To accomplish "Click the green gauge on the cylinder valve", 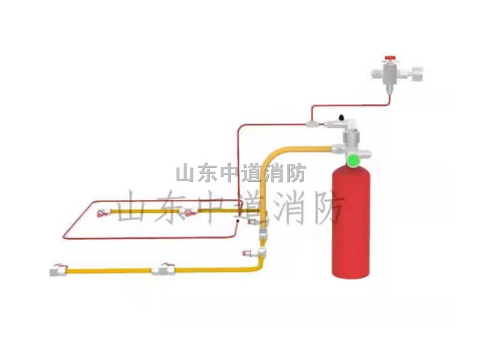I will point(353,159).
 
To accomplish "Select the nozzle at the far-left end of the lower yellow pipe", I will point(58,271).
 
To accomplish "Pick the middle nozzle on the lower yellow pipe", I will point(162,269).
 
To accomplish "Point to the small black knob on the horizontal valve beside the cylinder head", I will point(340,115).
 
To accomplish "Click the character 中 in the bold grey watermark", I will point(229,173).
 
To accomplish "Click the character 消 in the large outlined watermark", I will point(288,207).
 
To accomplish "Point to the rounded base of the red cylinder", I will point(352,273).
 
